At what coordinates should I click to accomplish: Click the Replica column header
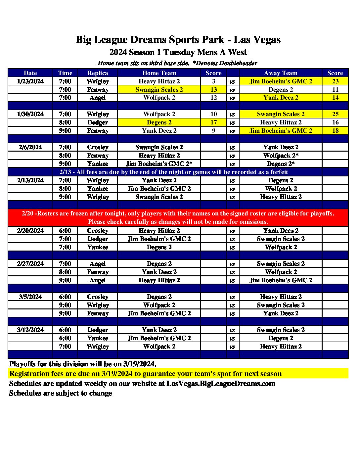pos(98,73)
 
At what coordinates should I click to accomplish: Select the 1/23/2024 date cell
pos(30,81)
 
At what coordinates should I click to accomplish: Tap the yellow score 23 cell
pos(335,81)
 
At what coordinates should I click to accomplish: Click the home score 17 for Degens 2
pos(213,122)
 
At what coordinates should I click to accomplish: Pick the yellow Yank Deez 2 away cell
pos(281,98)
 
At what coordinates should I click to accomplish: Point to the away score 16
pos(335,122)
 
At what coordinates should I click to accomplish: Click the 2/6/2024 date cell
pos(30,147)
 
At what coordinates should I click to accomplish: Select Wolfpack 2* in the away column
pos(281,156)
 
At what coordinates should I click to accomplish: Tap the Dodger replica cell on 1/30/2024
pos(98,122)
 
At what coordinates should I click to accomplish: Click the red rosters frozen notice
pos(178,217)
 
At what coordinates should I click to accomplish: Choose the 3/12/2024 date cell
pos(30,330)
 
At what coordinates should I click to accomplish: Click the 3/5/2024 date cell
pos(30,297)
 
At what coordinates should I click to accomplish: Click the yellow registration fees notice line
pos(146,374)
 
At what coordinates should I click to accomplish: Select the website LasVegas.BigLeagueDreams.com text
pos(221,384)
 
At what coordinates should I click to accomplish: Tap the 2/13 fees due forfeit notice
pos(174,172)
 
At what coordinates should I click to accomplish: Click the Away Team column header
pos(281,73)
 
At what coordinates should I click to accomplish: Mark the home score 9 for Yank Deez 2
pos(213,131)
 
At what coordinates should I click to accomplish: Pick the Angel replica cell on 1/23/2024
pos(98,98)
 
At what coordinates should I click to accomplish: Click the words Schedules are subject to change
pos(61,393)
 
